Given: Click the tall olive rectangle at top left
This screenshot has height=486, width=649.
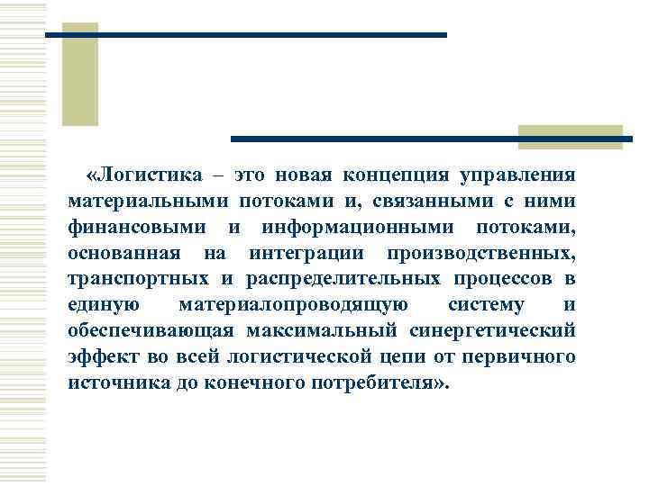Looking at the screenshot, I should pos(79,74).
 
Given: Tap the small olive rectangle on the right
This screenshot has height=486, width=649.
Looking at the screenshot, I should pos(570,136).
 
